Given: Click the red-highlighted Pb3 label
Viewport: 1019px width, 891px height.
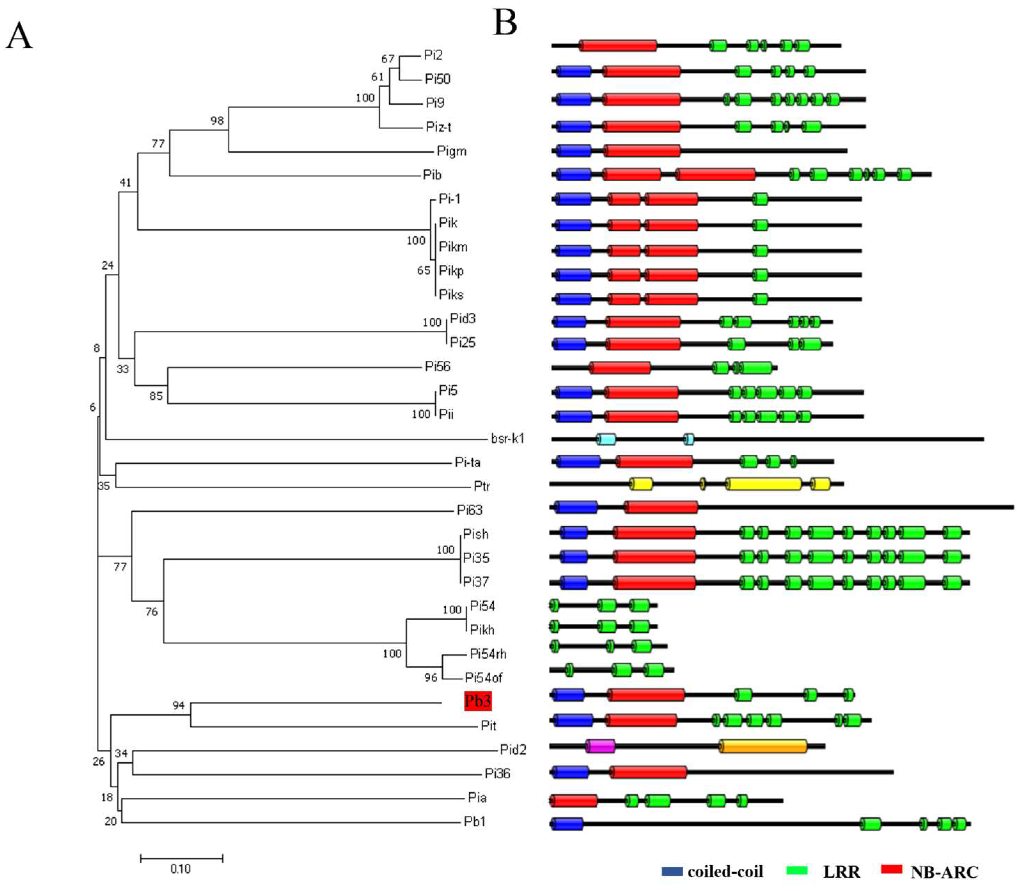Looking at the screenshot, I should [x=477, y=701].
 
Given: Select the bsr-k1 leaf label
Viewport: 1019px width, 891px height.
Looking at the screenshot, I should [x=507, y=438].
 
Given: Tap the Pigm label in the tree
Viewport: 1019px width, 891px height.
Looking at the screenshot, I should [x=451, y=151].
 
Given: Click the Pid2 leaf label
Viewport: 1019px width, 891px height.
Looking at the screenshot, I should [x=512, y=749].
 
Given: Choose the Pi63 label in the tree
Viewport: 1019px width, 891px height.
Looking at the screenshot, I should [x=469, y=510].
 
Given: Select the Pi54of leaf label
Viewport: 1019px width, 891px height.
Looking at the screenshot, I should [x=483, y=678].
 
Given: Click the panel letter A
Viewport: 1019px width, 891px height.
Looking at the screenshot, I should [x=19, y=36].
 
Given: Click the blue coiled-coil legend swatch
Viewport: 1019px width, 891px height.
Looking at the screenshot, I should [x=672, y=871].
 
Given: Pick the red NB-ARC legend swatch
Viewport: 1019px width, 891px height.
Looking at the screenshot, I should [x=891, y=869].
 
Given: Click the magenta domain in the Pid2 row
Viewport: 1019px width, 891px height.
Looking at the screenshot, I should [x=600, y=746].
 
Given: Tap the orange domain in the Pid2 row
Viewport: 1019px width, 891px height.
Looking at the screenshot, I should [x=763, y=746].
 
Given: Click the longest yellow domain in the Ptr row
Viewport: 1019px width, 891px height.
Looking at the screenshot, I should [x=764, y=484].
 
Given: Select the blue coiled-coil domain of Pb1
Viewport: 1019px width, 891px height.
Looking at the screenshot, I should [x=567, y=824].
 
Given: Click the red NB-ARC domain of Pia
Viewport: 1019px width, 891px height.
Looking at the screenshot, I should [x=574, y=801].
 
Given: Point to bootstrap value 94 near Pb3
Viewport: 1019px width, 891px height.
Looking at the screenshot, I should [x=178, y=706].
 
